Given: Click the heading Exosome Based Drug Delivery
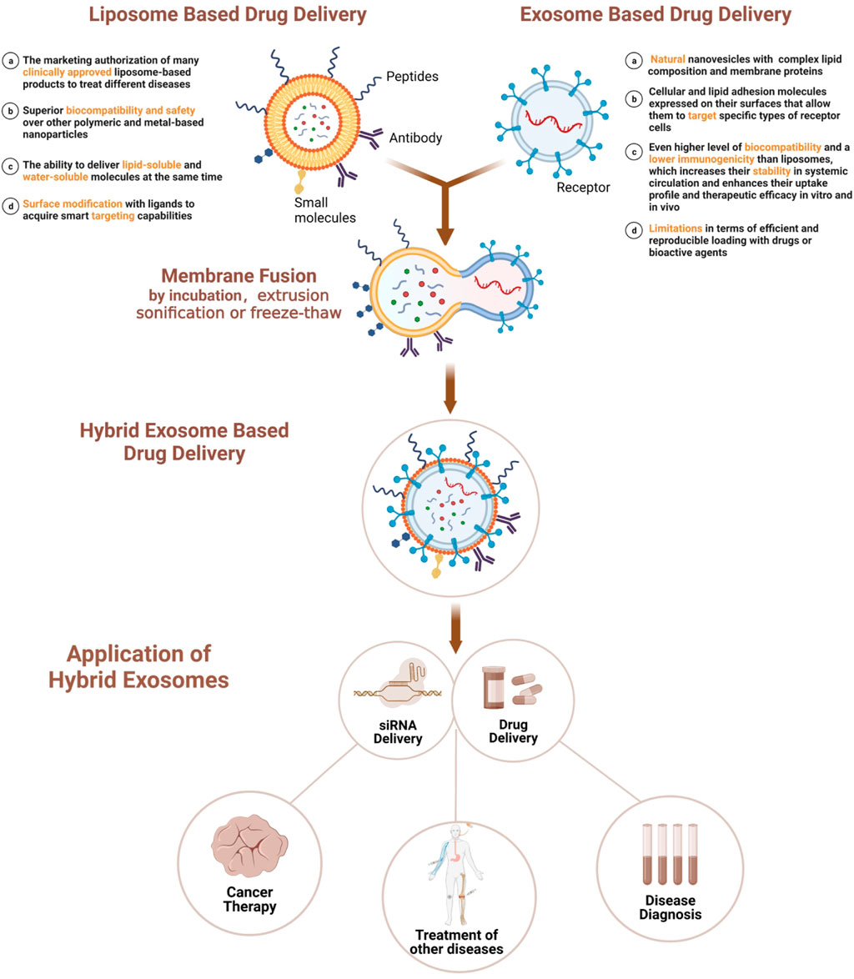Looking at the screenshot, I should pos(656,16).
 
